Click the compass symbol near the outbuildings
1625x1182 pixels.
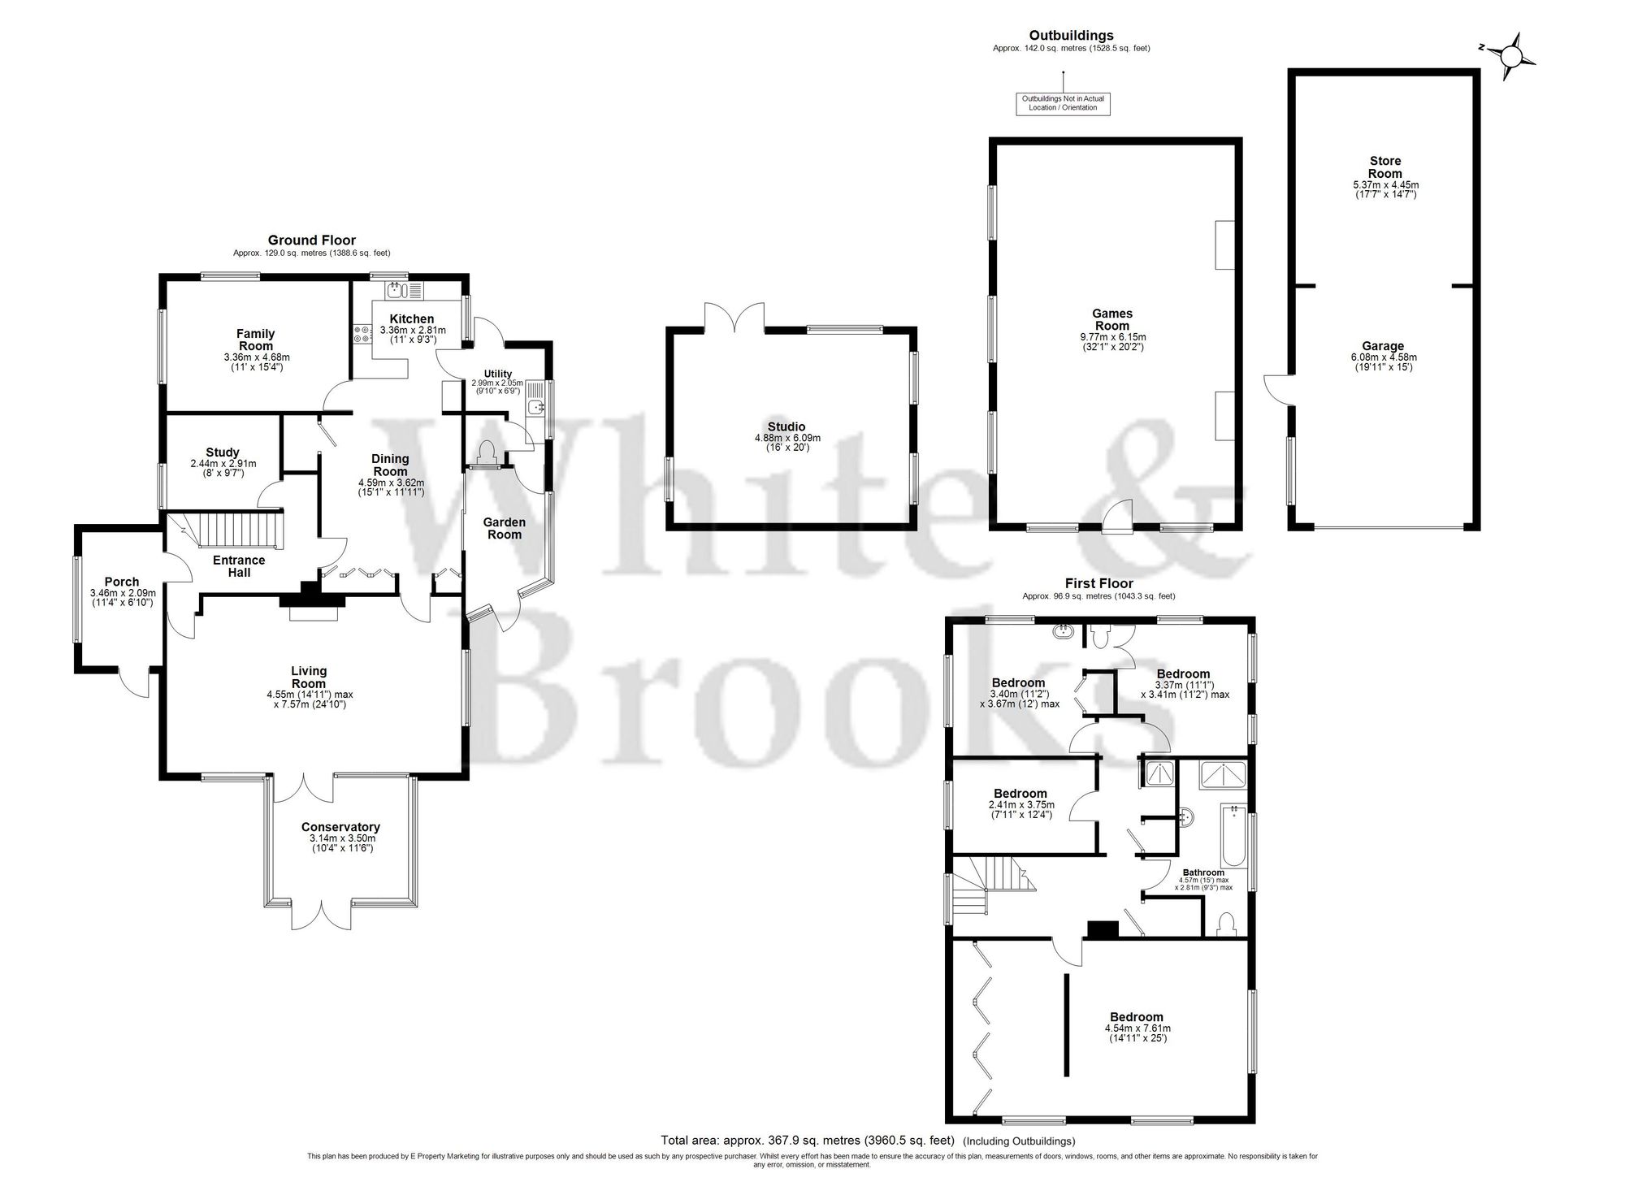coord(1510,56)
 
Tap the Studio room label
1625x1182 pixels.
coord(786,426)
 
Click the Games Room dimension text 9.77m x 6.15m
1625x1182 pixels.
coord(1112,336)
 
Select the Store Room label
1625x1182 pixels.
coord(1384,167)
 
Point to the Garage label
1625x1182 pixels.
coord(1383,346)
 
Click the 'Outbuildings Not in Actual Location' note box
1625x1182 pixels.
coord(1063,103)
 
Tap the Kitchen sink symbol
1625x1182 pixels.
coord(396,290)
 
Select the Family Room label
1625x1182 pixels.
coord(256,340)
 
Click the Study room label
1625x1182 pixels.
coord(223,452)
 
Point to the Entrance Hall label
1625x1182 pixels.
coord(239,565)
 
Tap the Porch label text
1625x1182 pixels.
coord(122,582)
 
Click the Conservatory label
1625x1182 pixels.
coord(340,827)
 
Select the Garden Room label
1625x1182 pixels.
coord(504,528)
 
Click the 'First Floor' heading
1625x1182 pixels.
coord(1098,583)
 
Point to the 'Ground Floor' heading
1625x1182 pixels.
coord(312,240)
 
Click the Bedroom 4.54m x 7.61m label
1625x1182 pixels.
coord(1137,1017)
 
